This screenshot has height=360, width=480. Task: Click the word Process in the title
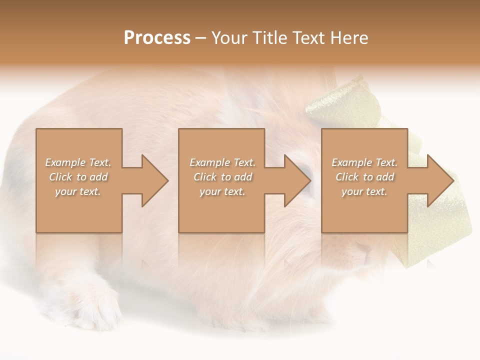coord(157,38)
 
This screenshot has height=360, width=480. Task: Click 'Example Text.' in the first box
coord(78,162)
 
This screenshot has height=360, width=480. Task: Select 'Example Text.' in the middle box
coord(222,162)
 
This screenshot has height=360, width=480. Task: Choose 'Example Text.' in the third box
coord(364,162)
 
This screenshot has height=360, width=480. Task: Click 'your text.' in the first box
coord(78,191)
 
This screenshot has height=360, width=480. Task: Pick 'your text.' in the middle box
coord(222,191)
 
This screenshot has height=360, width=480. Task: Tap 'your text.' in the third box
coord(364,191)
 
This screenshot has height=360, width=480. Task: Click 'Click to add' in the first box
coord(78,177)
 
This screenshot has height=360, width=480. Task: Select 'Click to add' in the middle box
coord(222,177)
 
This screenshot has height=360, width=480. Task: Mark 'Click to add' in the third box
coord(364,177)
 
